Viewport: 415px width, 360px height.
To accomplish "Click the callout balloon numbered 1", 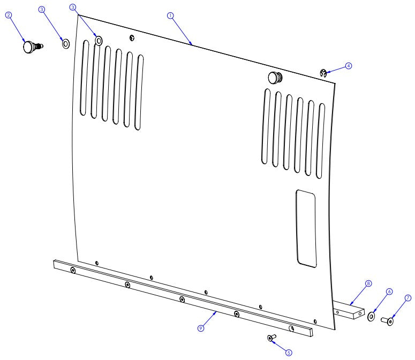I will [170, 16].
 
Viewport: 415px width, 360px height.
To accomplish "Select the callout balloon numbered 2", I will [9, 15].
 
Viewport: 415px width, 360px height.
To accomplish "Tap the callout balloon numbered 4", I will [349, 66].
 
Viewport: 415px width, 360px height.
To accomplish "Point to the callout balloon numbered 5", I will [289, 352].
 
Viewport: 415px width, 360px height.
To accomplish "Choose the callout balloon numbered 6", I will [389, 292].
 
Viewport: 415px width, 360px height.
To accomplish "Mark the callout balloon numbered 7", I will [408, 298].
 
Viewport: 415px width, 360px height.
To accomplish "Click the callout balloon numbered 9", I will [201, 328].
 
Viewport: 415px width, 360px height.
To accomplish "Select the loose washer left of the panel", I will [66, 43].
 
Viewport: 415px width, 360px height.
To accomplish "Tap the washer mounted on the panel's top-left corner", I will [99, 40].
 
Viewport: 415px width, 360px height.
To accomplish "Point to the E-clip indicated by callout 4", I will [323, 73].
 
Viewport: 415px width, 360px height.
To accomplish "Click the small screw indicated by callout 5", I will [271, 338].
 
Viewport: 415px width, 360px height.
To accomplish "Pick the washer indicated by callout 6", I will [371, 317].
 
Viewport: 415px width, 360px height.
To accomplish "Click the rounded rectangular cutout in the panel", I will [306, 228].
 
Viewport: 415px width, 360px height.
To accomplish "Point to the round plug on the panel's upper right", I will [274, 77].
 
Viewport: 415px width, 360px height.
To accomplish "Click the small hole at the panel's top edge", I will [132, 37].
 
